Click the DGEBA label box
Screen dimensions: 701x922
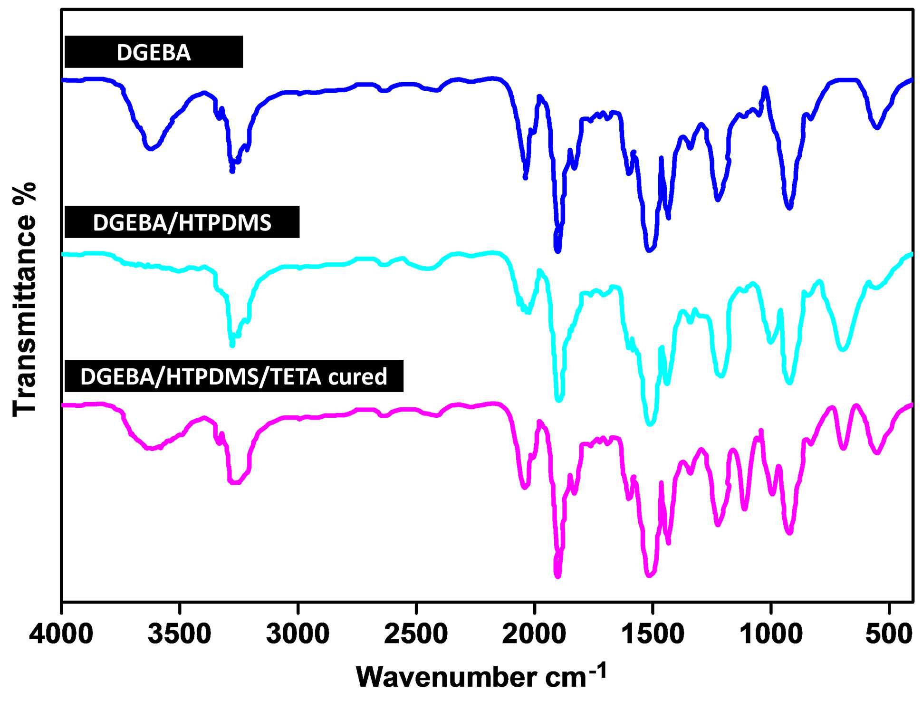[x=154, y=52]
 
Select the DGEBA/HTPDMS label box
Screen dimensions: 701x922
[x=182, y=222]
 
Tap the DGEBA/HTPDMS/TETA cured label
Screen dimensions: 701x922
[x=234, y=376]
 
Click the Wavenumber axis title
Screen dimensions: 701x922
[x=481, y=676]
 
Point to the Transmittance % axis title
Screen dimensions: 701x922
[x=25, y=299]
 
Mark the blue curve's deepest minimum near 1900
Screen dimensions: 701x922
[x=558, y=250]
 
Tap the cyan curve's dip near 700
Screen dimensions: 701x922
[x=843, y=349]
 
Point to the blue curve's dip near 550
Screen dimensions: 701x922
[x=877, y=127]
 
